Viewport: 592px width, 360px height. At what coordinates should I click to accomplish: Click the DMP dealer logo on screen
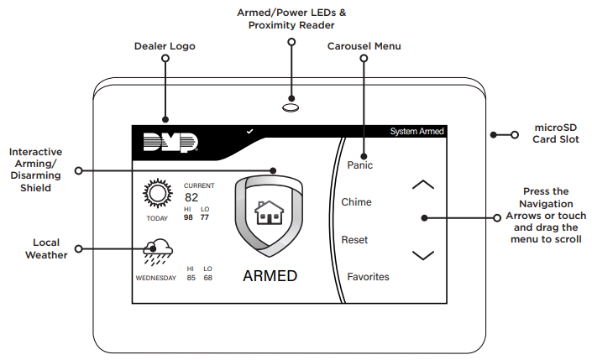pyautogui.click(x=170, y=143)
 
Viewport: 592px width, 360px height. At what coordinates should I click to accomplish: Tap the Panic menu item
pyautogui.click(x=359, y=165)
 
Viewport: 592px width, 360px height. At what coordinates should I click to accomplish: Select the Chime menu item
pyautogui.click(x=356, y=202)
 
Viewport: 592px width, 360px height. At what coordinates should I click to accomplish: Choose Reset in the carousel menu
pyautogui.click(x=354, y=240)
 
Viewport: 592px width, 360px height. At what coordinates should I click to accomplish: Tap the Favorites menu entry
pyautogui.click(x=368, y=276)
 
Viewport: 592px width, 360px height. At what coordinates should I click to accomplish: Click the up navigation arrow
pyautogui.click(x=424, y=185)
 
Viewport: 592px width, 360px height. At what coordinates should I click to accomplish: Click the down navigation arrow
pyautogui.click(x=424, y=254)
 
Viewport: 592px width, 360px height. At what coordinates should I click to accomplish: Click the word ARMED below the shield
pyautogui.click(x=270, y=276)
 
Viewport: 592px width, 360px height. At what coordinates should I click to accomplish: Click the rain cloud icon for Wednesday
pyautogui.click(x=157, y=251)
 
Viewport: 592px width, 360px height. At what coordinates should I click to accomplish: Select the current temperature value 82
pyautogui.click(x=191, y=198)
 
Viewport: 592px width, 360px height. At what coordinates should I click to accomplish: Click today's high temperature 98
pyautogui.click(x=189, y=217)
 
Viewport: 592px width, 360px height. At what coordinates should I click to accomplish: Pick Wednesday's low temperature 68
pyautogui.click(x=207, y=278)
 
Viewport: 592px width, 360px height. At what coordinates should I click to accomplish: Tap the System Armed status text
pyautogui.click(x=416, y=132)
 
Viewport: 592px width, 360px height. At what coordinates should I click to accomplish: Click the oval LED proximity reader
pyautogui.click(x=291, y=107)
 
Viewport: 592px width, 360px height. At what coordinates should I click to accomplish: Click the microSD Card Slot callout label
pyautogui.click(x=556, y=133)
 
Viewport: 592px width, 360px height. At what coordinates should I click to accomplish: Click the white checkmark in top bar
pyautogui.click(x=249, y=132)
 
